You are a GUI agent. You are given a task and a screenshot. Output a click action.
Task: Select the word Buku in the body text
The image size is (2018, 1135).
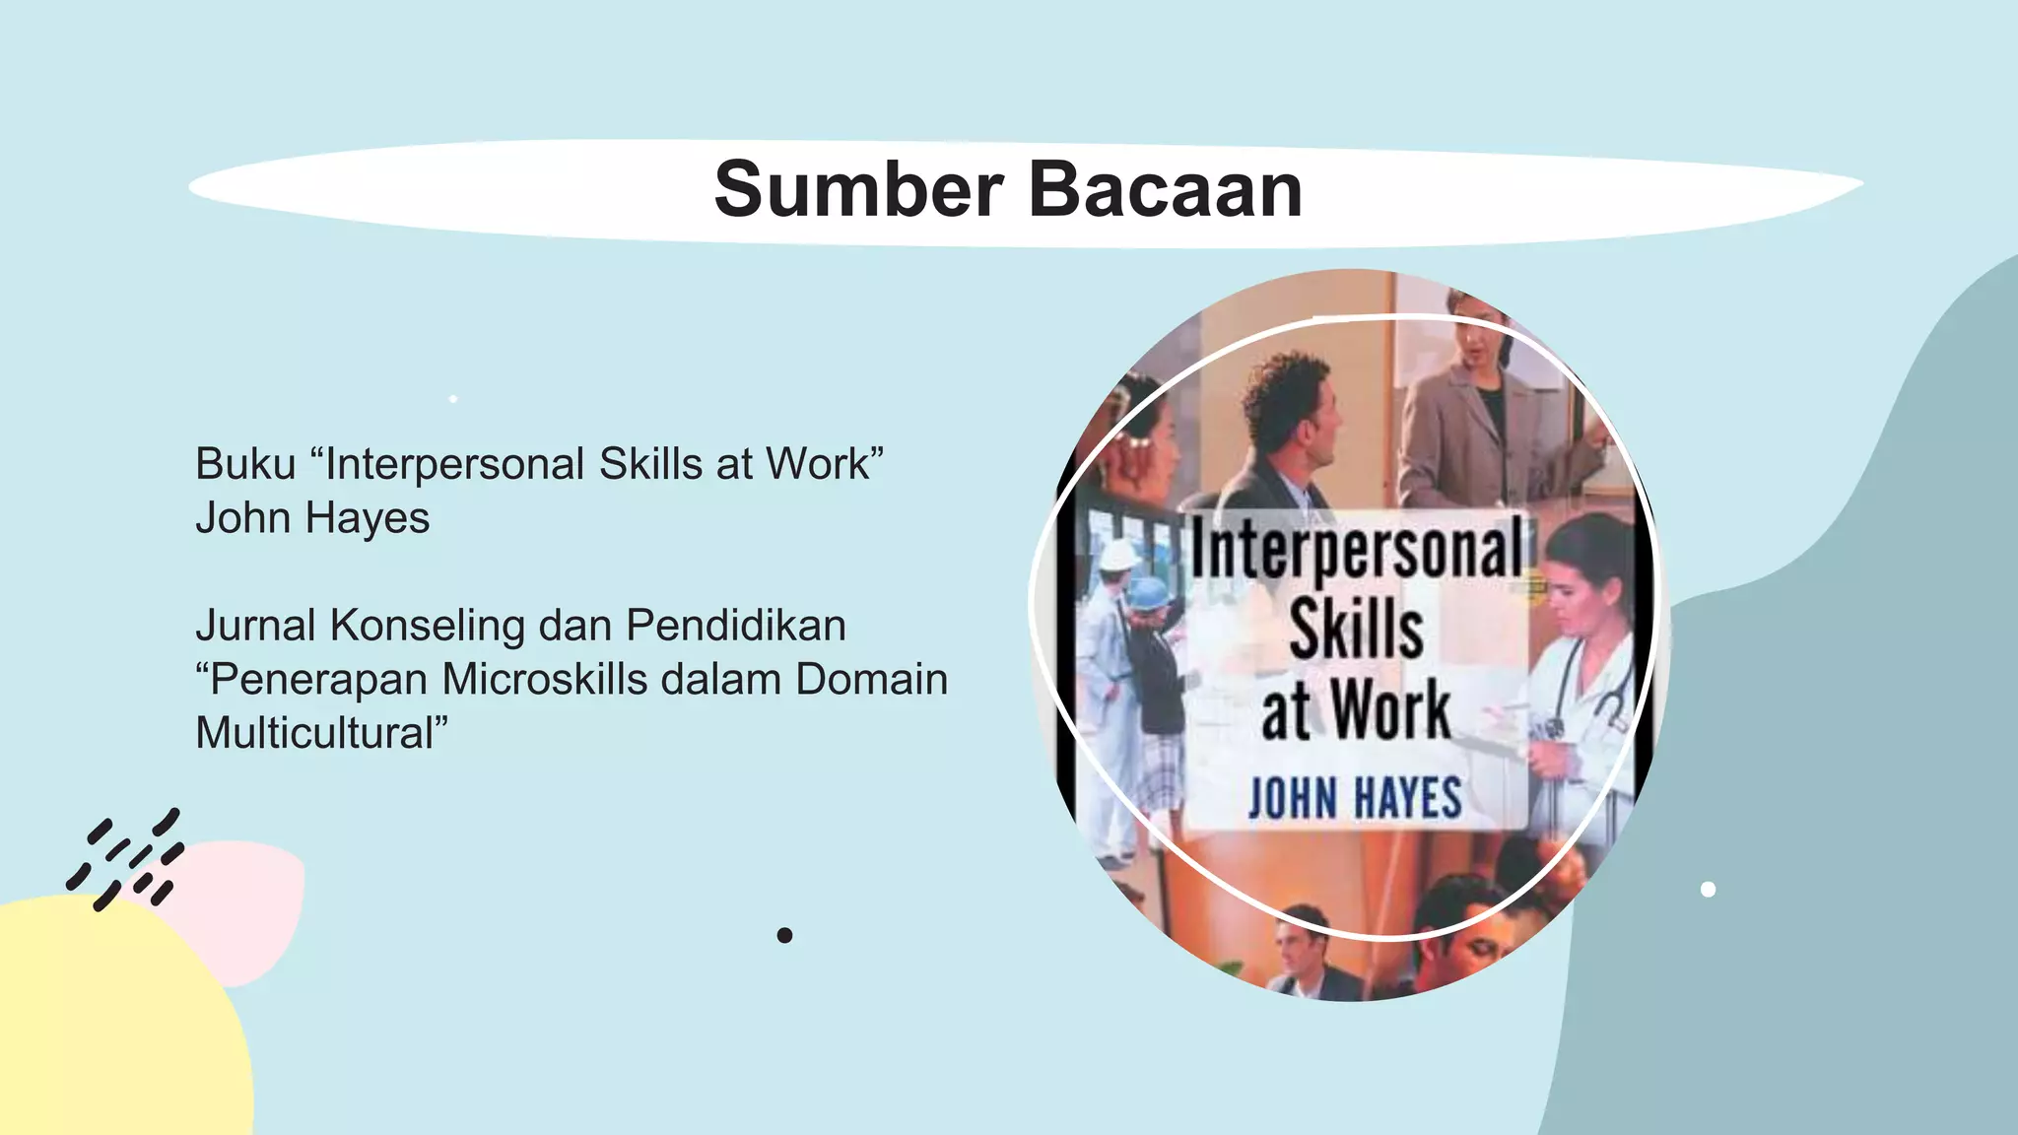point(245,464)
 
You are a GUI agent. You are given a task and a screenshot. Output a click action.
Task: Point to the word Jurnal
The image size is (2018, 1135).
point(255,626)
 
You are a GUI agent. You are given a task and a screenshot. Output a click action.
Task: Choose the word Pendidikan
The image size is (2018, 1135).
point(735,626)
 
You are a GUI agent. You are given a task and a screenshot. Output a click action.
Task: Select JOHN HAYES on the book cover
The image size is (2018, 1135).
point(1355,798)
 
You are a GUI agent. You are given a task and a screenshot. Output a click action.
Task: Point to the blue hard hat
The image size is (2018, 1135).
point(1146,593)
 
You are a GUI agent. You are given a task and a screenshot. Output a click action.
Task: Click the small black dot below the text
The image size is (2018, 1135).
point(784,935)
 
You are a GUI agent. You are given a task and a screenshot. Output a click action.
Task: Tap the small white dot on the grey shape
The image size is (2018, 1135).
point(1708,890)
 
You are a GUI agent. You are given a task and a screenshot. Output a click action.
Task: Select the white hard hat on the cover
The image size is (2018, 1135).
point(1118,555)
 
